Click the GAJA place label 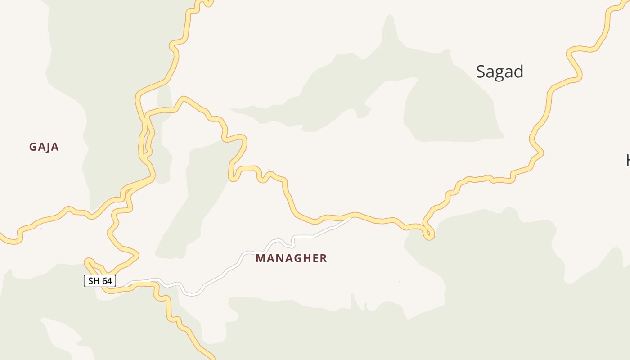(x=44, y=147)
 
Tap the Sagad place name (x=499, y=72)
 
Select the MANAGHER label (x=291, y=258)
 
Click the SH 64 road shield (x=100, y=281)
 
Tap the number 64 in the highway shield (x=106, y=281)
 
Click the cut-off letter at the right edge (x=627, y=160)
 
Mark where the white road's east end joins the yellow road (x=351, y=218)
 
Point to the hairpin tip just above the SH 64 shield (x=88, y=261)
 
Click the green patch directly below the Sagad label (x=450, y=117)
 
